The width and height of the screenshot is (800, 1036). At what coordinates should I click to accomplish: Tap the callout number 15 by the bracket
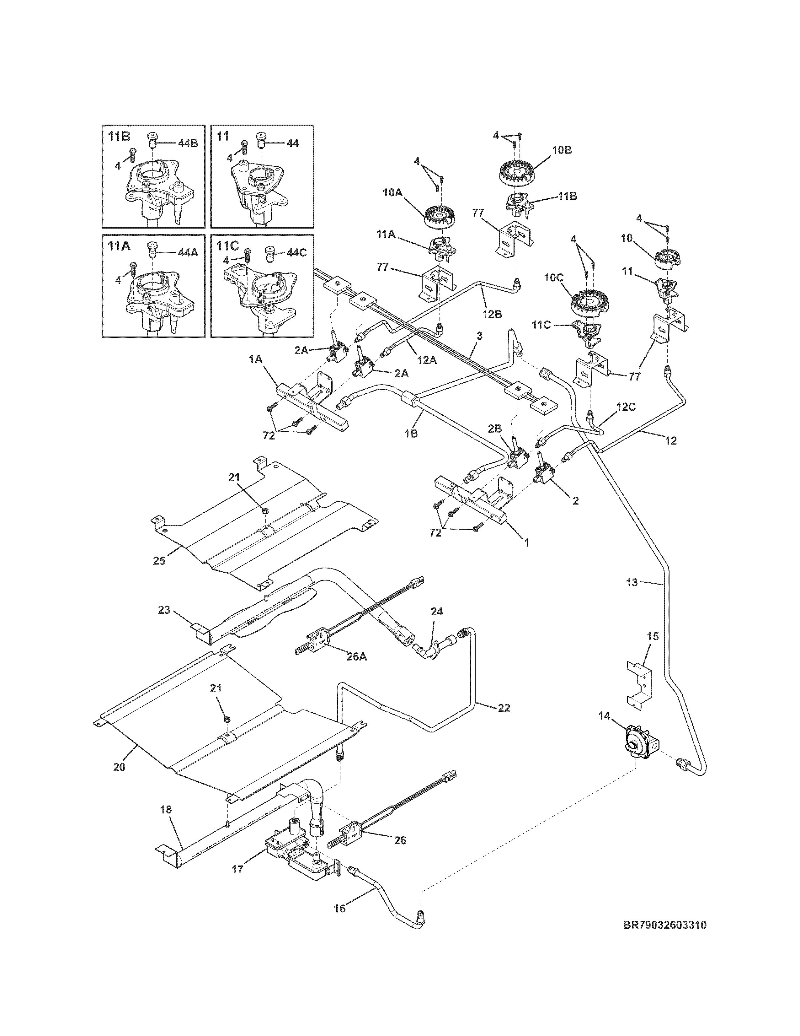point(653,637)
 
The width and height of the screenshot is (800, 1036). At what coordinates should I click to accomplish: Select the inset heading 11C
point(227,246)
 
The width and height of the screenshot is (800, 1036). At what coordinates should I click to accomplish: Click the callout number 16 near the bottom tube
point(340,909)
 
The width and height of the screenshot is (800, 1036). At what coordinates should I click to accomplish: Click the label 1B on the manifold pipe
point(411,433)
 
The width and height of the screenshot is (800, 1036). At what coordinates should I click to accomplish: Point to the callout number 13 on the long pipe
point(632,582)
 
